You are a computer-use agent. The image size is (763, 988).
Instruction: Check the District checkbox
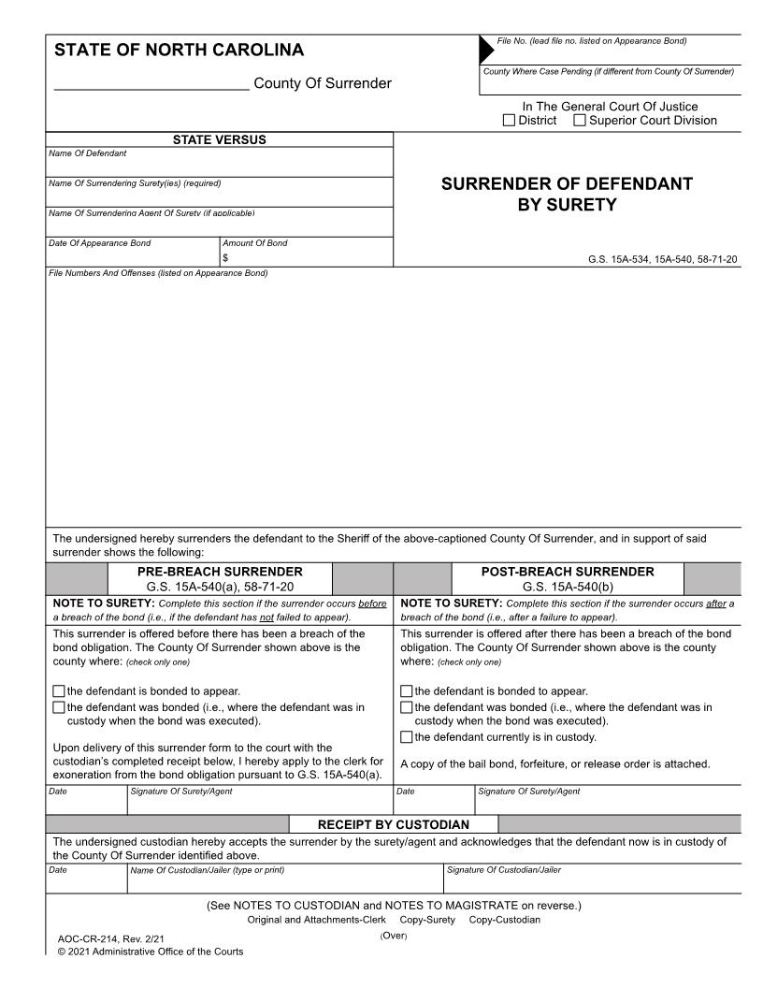(x=510, y=121)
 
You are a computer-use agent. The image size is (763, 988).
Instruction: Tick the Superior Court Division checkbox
(x=580, y=121)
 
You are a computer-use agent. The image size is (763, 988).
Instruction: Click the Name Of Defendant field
(x=220, y=166)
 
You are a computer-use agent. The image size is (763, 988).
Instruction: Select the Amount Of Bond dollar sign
(x=225, y=258)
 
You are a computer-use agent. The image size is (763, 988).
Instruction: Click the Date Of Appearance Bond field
(x=131, y=257)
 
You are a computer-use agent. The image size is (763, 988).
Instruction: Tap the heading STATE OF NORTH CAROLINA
(x=180, y=51)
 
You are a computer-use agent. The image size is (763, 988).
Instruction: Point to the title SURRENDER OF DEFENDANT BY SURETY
(x=567, y=194)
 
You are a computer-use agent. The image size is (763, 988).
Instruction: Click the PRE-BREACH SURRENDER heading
(x=220, y=572)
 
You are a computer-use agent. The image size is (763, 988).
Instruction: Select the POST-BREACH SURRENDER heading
(x=568, y=572)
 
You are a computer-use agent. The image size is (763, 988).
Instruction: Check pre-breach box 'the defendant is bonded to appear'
(x=59, y=691)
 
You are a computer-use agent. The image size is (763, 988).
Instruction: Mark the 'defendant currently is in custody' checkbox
(x=406, y=737)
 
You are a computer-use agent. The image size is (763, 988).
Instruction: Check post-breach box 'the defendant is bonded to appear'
(x=406, y=691)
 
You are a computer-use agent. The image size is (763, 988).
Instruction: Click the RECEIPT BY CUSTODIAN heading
(x=394, y=824)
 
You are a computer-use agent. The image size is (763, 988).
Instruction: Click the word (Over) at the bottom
(x=394, y=936)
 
